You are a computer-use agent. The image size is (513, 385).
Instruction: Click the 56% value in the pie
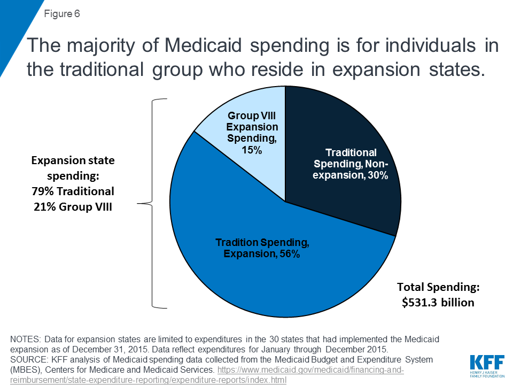(289, 255)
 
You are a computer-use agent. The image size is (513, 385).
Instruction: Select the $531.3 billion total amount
(438, 303)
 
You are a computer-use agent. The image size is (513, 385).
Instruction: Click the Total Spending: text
(438, 288)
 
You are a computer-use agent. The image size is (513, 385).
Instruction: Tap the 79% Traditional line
(73, 191)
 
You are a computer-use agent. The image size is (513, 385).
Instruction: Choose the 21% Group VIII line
(73, 206)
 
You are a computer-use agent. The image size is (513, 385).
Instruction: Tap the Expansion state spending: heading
(73, 168)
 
